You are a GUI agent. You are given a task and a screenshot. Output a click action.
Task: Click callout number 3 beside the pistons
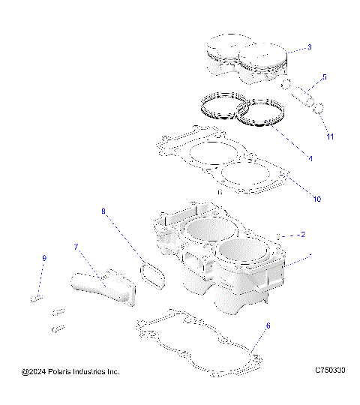[x=309, y=48]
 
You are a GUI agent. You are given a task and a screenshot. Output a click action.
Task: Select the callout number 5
[x=324, y=77]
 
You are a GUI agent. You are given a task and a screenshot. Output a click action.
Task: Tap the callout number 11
[x=330, y=137]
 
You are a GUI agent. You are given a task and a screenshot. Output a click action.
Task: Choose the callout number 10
[x=316, y=199]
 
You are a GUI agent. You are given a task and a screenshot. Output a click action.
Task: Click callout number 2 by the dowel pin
[x=302, y=234]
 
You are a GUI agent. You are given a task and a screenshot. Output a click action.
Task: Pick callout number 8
[x=104, y=212]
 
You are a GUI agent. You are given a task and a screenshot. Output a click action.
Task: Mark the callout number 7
[x=76, y=247]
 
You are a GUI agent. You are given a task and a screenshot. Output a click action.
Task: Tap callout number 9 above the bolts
[x=44, y=259]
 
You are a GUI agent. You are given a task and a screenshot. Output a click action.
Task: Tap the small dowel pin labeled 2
[x=278, y=235]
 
